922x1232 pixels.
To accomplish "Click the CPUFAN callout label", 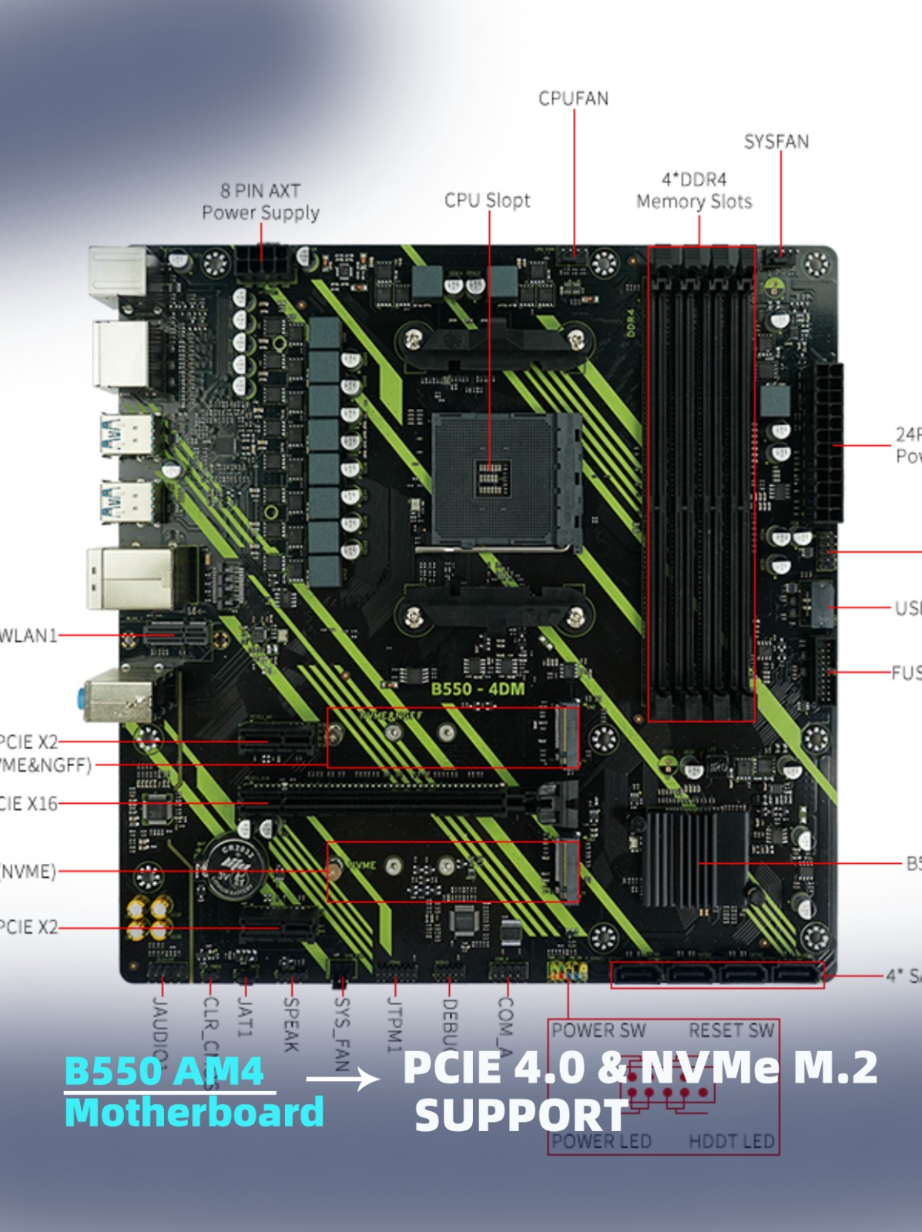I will (x=573, y=99).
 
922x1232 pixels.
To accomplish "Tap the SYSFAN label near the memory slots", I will (x=776, y=142).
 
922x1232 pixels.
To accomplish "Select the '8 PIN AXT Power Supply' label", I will (x=260, y=202).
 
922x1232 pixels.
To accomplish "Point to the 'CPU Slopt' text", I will (x=487, y=200).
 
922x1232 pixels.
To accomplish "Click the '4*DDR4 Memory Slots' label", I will (x=694, y=191).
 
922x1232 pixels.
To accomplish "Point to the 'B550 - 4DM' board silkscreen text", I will (x=478, y=688).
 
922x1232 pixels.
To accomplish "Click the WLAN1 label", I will (x=28, y=635).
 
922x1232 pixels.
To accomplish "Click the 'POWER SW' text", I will (x=598, y=1030).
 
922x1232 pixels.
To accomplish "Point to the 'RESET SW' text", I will (x=731, y=1030).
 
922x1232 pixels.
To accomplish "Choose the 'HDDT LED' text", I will (x=731, y=1141).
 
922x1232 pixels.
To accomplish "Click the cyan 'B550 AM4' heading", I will (x=164, y=1070).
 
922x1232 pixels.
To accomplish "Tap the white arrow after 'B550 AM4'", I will (x=343, y=1079).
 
